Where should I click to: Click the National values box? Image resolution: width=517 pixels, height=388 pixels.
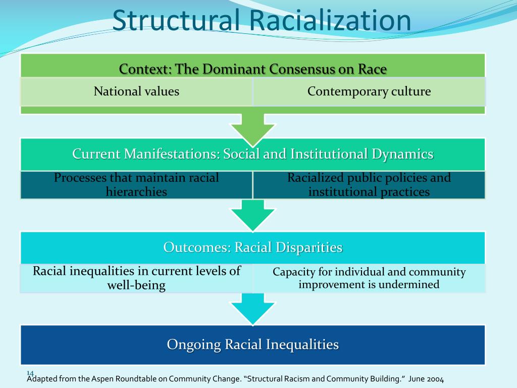click(x=136, y=91)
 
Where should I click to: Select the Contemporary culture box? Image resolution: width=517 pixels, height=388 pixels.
click(x=369, y=91)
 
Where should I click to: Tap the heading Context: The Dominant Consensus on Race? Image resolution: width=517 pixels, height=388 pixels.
click(x=252, y=69)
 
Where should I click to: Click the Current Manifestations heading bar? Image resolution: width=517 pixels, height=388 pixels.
click(x=252, y=154)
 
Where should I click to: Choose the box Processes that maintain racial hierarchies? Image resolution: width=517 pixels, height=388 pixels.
click(x=136, y=185)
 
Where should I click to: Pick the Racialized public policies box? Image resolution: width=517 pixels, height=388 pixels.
click(x=369, y=185)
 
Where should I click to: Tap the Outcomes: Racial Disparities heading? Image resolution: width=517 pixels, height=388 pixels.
click(x=252, y=248)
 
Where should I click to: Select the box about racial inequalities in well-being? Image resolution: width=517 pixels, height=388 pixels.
click(x=136, y=278)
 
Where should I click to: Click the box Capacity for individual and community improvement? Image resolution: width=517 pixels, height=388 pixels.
click(x=369, y=278)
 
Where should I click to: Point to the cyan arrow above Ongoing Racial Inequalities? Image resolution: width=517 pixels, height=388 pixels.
click(x=253, y=309)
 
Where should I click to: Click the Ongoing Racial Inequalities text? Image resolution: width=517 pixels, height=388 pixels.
click(x=252, y=345)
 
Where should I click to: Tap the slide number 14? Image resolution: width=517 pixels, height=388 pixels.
click(x=30, y=373)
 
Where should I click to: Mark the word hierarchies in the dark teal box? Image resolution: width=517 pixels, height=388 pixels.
click(x=136, y=192)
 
